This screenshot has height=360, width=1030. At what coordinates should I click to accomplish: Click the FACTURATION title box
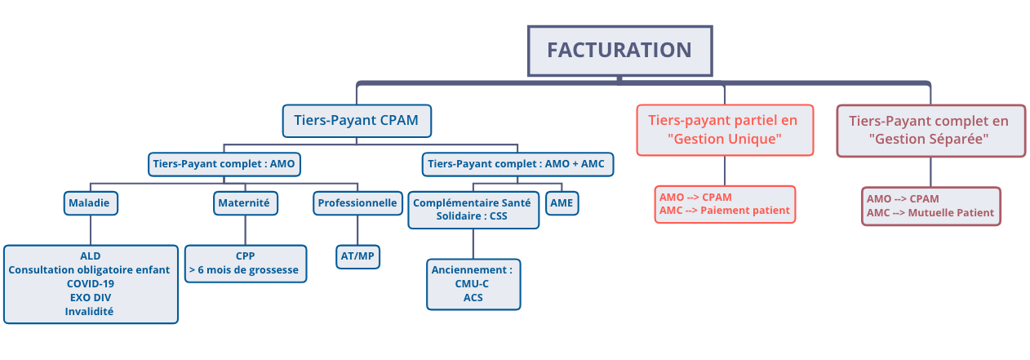[x=619, y=51]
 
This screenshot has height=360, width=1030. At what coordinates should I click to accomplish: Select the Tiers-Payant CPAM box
[x=357, y=121]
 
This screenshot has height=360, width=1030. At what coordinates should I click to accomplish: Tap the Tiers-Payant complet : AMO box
[x=224, y=164]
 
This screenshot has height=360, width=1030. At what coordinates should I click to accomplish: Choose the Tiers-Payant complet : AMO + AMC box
[x=517, y=164]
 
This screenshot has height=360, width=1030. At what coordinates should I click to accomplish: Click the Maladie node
[x=91, y=203]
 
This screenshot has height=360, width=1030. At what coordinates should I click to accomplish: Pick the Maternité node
[x=246, y=203]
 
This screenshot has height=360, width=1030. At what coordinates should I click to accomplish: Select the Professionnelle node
[x=357, y=203]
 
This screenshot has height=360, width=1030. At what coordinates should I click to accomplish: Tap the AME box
[x=562, y=203]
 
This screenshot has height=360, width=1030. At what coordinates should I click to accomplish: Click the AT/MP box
[x=357, y=256]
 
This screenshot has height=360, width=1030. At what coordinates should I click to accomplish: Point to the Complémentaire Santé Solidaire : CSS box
[x=473, y=210]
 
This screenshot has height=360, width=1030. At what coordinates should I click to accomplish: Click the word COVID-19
[x=91, y=284]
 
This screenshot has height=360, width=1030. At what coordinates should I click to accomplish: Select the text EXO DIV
[x=91, y=297]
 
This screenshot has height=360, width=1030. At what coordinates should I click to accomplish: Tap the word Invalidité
[x=89, y=311]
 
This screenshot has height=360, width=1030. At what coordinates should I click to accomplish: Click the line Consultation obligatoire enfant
[x=89, y=270]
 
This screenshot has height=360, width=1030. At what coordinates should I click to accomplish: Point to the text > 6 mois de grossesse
[x=244, y=270]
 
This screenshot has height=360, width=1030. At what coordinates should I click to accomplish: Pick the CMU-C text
[x=473, y=284]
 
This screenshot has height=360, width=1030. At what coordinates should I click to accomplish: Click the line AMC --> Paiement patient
[x=724, y=211]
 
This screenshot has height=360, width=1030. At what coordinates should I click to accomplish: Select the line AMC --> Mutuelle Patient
[x=930, y=213]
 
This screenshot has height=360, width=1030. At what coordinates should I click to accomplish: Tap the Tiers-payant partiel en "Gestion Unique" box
[x=725, y=130]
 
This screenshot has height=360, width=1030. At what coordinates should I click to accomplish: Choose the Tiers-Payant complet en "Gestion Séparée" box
[x=931, y=131]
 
